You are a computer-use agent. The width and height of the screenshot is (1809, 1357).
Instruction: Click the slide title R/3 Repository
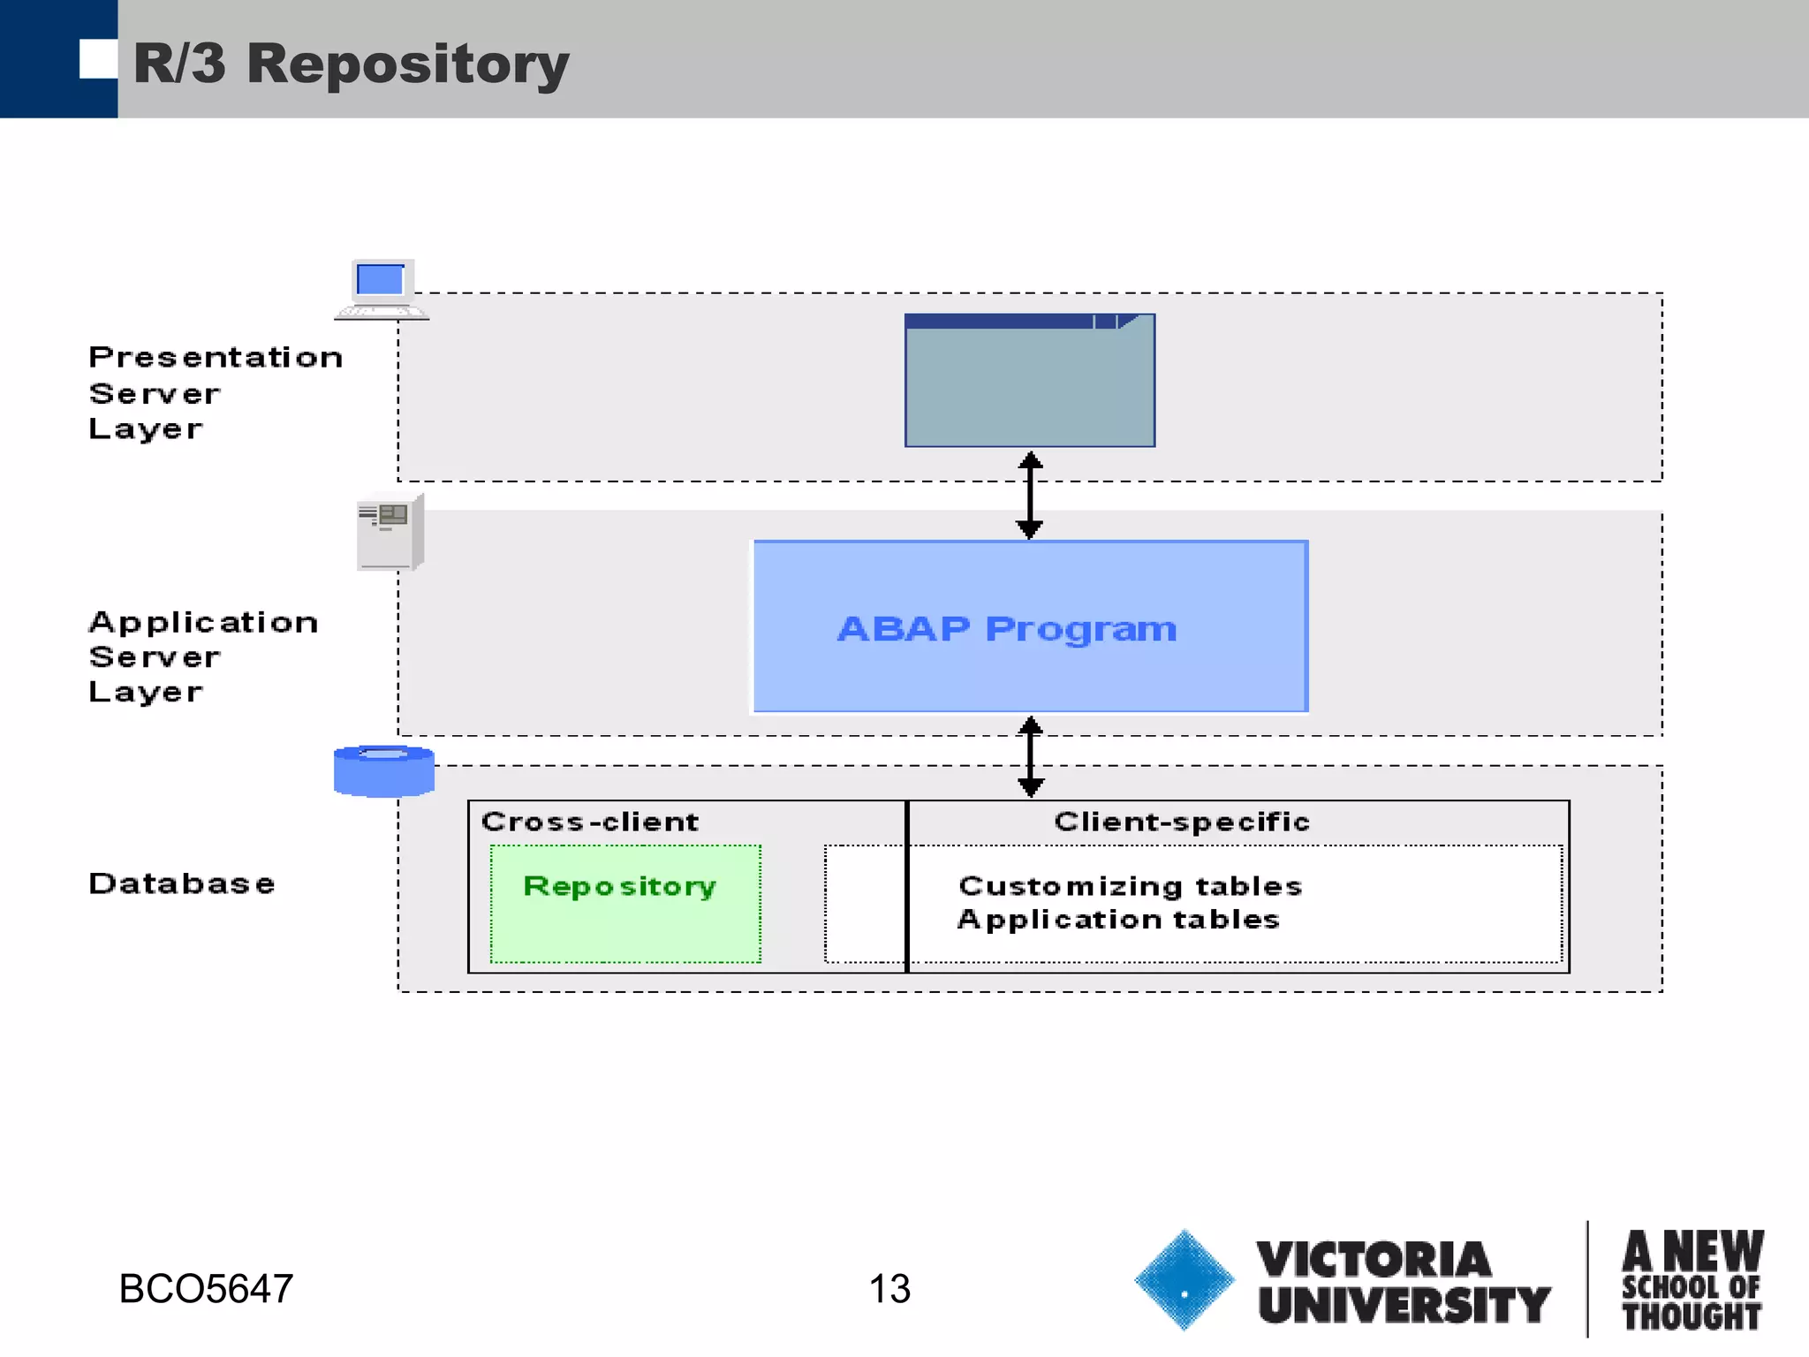point(351,64)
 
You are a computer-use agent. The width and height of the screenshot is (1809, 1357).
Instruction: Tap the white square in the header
point(97,59)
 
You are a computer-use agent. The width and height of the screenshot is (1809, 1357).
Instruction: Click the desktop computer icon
point(382,289)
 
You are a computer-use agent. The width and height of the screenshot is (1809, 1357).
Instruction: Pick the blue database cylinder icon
point(384,770)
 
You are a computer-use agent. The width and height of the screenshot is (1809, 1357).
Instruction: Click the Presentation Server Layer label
point(215,392)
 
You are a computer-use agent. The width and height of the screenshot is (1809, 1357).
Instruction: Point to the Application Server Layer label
point(202,656)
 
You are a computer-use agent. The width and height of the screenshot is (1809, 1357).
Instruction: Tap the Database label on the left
point(182,883)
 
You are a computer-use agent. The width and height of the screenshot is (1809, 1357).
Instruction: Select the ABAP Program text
point(1007,629)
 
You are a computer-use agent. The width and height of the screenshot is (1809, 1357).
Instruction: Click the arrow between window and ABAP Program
point(1030,495)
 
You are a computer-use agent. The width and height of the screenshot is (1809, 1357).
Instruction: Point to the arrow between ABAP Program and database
point(1030,757)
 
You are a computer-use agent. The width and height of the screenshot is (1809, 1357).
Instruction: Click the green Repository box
point(625,903)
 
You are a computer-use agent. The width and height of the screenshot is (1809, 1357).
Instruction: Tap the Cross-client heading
point(590,822)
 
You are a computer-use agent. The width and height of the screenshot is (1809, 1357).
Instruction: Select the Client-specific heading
point(1181,822)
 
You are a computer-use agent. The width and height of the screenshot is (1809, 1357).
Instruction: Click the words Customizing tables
point(1130,885)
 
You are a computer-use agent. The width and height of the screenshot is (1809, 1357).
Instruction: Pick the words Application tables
point(1118,920)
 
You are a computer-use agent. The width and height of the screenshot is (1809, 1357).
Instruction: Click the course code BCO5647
point(206,1289)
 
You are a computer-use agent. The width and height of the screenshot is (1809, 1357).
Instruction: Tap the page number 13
point(889,1289)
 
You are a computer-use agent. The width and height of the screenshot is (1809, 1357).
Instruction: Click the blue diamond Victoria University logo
point(1184,1280)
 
